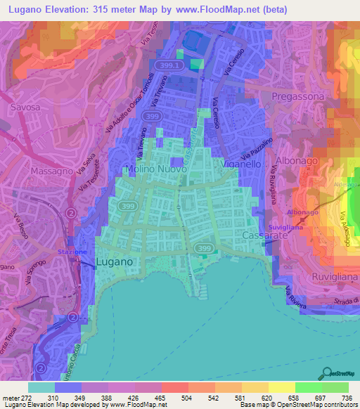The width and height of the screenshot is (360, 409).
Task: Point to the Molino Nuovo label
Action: pos(155,170)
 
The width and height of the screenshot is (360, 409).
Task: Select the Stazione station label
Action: pos(72,252)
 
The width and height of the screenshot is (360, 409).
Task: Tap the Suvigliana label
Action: pos(285,228)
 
